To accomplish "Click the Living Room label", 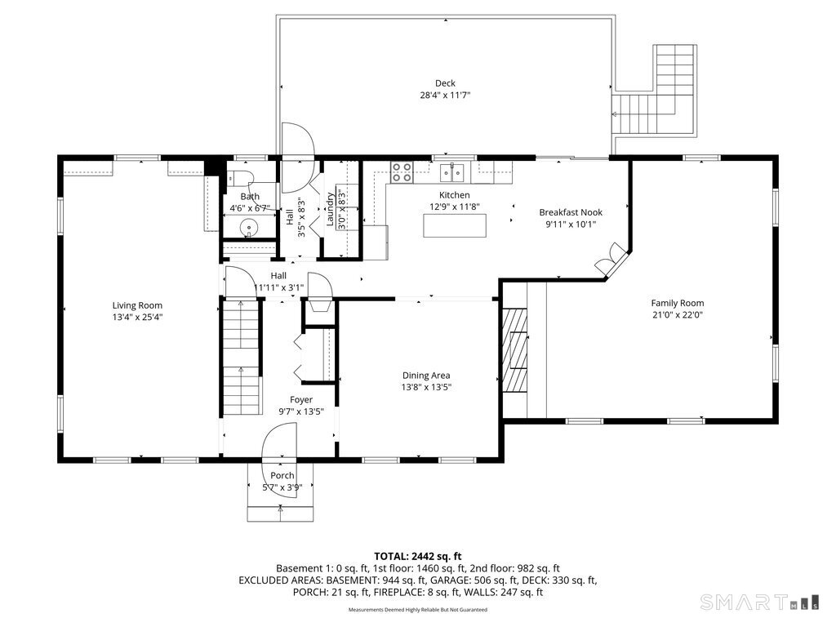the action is click(x=137, y=305).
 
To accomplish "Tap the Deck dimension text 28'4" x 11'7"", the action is click(x=445, y=96).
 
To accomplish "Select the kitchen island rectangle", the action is click(x=455, y=225).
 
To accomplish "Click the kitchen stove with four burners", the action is click(x=402, y=172).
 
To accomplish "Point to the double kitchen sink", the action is click(x=451, y=173).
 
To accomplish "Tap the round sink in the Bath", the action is click(x=248, y=228).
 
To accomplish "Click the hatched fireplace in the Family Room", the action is click(x=515, y=350).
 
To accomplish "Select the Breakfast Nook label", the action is click(x=571, y=212).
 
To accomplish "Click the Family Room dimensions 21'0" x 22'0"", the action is click(x=678, y=314).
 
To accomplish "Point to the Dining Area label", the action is click(x=426, y=376).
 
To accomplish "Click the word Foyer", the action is click(x=301, y=400).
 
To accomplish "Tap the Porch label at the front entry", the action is click(x=282, y=476).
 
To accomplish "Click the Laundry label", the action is click(x=330, y=210).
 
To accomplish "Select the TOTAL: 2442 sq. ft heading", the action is click(x=418, y=557).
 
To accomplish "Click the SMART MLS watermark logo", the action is click(x=759, y=602).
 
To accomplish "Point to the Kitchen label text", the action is click(x=454, y=195).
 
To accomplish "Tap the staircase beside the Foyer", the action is click(x=242, y=357).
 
